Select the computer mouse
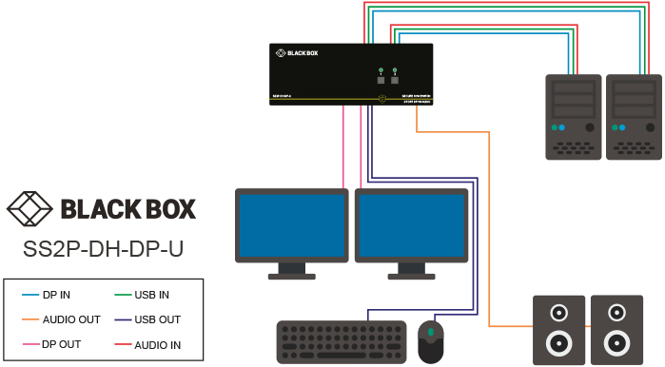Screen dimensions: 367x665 (431, 339)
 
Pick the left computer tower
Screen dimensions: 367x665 (573, 116)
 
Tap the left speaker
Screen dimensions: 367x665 (558, 328)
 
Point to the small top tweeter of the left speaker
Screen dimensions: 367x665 (558, 311)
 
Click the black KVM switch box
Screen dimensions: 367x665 (351, 73)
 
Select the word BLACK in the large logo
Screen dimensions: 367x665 (95, 208)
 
